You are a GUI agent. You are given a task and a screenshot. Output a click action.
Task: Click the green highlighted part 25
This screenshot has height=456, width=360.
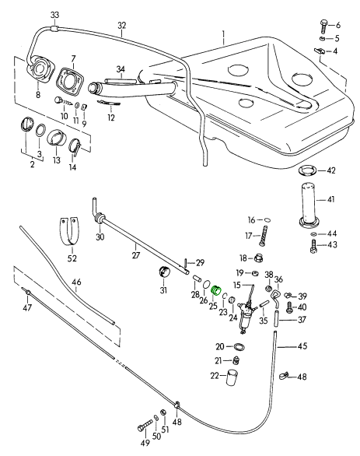click(216, 290)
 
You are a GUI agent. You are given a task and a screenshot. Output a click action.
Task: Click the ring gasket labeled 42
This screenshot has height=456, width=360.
click(307, 170)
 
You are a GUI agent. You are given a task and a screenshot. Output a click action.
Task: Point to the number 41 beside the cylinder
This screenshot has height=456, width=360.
click(330, 199)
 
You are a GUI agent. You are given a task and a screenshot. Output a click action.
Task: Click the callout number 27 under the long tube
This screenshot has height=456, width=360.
click(136, 255)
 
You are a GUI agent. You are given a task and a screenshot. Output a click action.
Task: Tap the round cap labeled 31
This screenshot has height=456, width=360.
click(164, 272)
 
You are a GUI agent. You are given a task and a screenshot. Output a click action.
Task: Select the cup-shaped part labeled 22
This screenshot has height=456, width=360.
click(232, 377)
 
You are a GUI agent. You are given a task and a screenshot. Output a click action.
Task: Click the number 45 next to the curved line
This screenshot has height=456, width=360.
click(302, 346)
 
